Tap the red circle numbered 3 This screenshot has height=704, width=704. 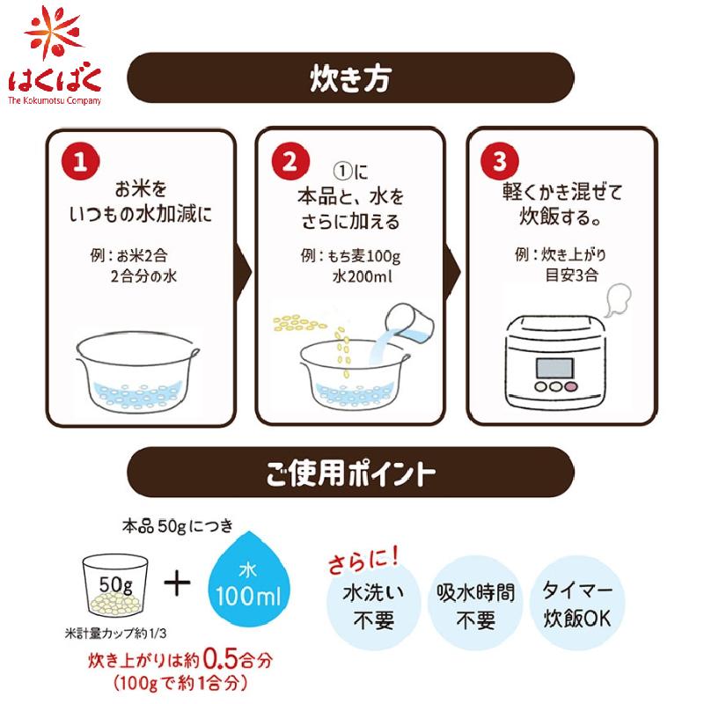(500, 163)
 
